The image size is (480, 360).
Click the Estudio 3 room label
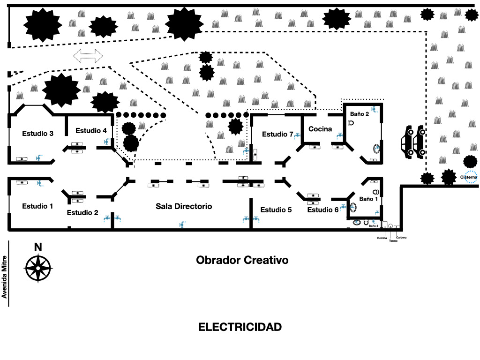tap(37, 134)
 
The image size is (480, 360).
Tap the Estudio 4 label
tap(91, 131)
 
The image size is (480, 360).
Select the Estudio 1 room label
tap(37, 206)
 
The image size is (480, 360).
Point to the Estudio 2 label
tap(82, 212)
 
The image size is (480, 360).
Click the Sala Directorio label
tap(184, 206)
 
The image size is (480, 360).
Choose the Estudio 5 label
tap(276, 210)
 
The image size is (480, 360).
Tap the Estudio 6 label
tap(323, 210)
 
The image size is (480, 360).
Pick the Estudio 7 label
tap(277, 135)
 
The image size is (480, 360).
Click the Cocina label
tap(320, 129)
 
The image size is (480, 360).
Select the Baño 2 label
tap(360, 113)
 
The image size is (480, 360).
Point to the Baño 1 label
tap(368, 199)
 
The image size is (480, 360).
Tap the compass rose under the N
tap(38, 268)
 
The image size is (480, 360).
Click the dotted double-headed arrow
tap(88, 56)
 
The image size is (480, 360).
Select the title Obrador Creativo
tap(242, 260)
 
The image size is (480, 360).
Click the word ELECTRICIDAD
tap(240, 327)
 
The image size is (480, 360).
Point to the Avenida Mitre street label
tap(4, 277)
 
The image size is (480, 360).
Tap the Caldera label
tap(401, 238)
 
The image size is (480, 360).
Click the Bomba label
tap(382, 238)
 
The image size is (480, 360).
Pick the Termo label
tap(393, 241)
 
